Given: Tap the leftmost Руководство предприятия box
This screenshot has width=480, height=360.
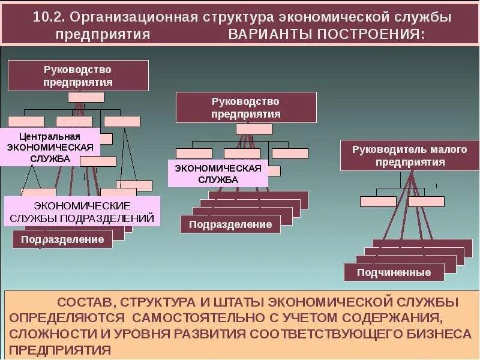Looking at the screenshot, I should (x=78, y=76).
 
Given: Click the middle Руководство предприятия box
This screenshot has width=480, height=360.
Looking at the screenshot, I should (x=246, y=107).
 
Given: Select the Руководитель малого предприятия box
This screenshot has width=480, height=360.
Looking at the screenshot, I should (x=409, y=155).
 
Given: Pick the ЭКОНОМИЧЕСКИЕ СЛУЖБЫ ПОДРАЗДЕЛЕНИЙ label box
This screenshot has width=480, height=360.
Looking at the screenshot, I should (x=83, y=212).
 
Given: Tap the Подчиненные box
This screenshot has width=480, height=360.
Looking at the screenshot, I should (x=394, y=272).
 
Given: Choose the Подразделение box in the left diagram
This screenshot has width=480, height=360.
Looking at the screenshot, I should (x=62, y=239).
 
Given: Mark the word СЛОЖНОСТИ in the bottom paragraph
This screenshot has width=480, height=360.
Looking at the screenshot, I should (x=47, y=333).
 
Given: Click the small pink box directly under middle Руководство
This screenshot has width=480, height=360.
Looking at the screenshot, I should (x=254, y=129).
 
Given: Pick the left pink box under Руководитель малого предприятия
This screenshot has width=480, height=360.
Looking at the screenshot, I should (x=378, y=202).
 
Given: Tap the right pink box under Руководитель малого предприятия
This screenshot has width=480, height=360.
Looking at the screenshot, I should (x=426, y=202).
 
